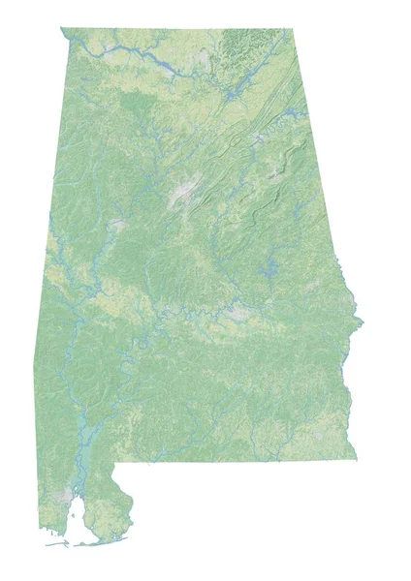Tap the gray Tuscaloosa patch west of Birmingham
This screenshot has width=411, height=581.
[x=117, y=225]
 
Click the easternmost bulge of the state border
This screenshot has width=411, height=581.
[x=361, y=321]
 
